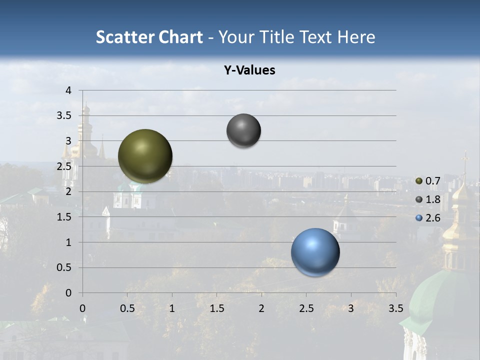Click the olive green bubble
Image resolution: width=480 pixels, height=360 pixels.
(x=145, y=156)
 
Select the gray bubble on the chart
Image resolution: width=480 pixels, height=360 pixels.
(x=243, y=131)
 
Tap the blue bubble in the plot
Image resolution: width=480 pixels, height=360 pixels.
(x=315, y=252)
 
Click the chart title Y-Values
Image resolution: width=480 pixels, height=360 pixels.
(x=249, y=70)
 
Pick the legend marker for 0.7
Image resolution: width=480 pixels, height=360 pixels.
(x=419, y=181)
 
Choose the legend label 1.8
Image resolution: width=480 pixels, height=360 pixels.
(x=432, y=199)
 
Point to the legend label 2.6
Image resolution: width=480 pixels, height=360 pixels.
(x=432, y=218)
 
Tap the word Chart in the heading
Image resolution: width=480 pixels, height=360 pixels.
(x=179, y=37)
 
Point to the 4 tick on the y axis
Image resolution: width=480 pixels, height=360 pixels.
(x=69, y=90)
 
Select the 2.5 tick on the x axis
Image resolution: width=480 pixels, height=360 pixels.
(x=306, y=308)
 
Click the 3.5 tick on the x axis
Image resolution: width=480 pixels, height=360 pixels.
(x=395, y=308)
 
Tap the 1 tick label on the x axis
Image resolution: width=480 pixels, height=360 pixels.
(x=172, y=308)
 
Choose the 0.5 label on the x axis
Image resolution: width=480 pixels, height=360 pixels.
(x=127, y=308)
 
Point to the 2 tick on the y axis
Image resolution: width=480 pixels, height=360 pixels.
(x=69, y=191)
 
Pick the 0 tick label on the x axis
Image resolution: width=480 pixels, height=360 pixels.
(x=83, y=308)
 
